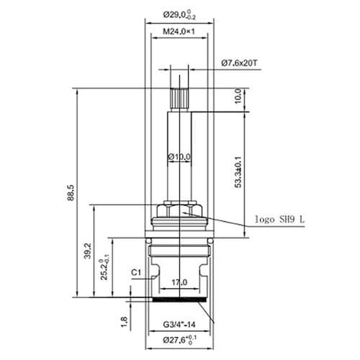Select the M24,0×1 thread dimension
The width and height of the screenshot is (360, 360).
tap(181, 32)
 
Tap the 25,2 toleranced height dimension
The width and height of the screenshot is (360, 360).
tap(107, 266)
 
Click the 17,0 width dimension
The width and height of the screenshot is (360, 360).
tap(179, 282)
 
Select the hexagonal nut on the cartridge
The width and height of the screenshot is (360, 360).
tap(180, 209)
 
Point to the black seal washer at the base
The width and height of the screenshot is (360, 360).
tap(180, 297)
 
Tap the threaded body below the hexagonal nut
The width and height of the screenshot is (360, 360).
tap(180, 248)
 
